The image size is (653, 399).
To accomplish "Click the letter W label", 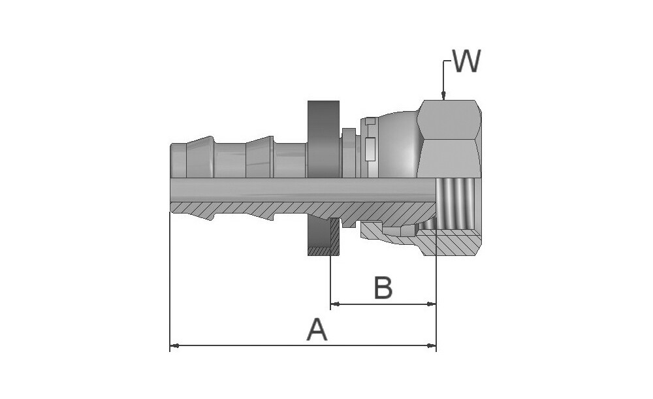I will pyautogui.click(x=466, y=62).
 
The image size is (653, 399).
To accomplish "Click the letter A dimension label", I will pyautogui.click(x=317, y=330).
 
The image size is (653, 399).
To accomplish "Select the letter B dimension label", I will pyautogui.click(x=383, y=288).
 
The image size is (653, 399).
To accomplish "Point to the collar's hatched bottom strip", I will pyautogui.click(x=323, y=251).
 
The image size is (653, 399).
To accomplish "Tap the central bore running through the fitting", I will pyautogui.click(x=294, y=189).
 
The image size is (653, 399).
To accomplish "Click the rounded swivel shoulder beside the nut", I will pyautogui.click(x=398, y=144).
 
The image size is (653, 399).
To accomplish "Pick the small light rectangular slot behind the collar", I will pyautogui.click(x=371, y=149).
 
